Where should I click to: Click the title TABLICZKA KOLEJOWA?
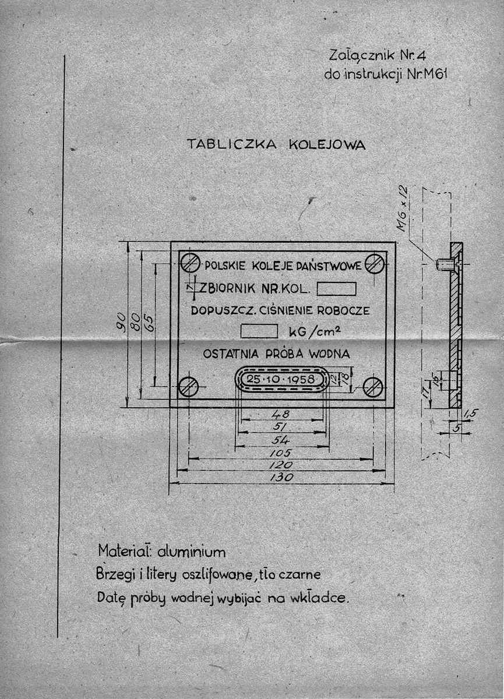[276, 144]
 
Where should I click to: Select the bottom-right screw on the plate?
[373, 386]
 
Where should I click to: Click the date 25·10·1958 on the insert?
[281, 379]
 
